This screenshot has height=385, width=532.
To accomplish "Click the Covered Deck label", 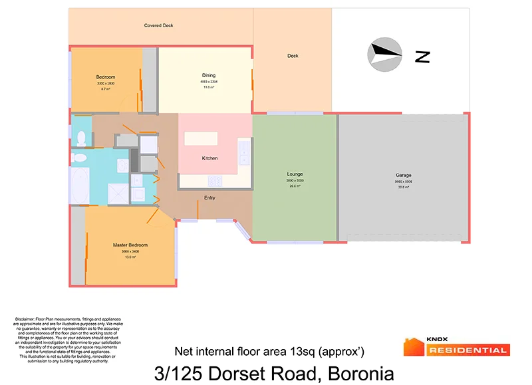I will coord(159,26).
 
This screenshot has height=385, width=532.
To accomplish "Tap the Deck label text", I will coord(293,56).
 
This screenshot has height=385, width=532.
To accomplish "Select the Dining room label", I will coord(209,75).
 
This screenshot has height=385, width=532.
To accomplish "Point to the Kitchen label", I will coord(209,158).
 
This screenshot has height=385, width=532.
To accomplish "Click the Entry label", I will coord(209,197).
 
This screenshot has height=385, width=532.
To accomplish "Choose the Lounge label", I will coord(295,174).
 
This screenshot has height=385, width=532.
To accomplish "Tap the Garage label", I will coord(404,176).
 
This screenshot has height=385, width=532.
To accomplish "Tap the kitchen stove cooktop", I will coord(215,180).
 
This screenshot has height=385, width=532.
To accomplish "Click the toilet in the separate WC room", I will coord(80,138).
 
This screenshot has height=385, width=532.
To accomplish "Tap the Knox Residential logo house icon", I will coord(413,347).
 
